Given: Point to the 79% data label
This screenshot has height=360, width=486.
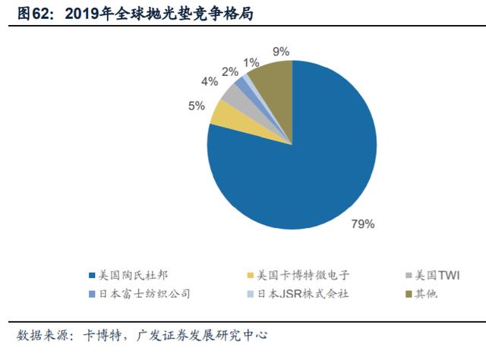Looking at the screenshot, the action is click(363, 224).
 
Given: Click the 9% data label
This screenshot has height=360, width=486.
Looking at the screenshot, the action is click(281, 52).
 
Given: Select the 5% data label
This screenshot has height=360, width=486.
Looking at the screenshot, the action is click(197, 106).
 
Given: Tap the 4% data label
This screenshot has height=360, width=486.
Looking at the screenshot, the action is click(210, 81).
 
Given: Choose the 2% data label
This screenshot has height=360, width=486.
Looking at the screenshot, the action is click(230, 72).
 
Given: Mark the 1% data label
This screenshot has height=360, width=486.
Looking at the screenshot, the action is click(251, 63).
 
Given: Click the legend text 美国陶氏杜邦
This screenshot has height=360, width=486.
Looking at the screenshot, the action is click(134, 275).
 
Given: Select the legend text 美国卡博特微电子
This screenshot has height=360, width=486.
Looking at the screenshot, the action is click(303, 275).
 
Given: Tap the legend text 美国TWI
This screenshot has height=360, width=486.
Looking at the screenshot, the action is click(437, 275).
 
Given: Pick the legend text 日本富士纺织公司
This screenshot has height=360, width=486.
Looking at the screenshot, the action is click(144, 294).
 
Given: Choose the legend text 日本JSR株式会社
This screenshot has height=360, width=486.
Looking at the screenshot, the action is click(303, 294).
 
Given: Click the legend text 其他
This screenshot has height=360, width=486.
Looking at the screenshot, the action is click(426, 294).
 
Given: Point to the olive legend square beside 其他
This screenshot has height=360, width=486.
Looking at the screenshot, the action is click(409, 294).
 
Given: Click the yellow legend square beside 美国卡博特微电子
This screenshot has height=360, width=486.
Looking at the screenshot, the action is click(251, 276).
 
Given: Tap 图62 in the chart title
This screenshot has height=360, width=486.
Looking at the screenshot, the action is click(33, 14).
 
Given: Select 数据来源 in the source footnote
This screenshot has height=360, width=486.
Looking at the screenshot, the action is click(43, 336).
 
